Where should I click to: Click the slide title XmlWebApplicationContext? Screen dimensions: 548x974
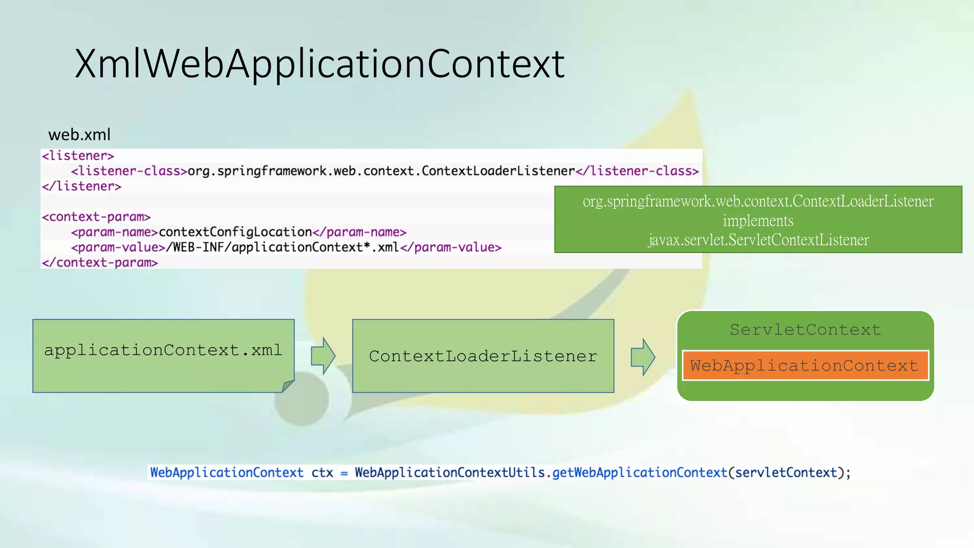[x=320, y=64]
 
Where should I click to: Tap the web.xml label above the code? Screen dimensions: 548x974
[x=79, y=135]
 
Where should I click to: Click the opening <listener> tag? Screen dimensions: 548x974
[x=78, y=156]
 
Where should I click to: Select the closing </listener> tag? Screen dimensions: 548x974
[x=82, y=186]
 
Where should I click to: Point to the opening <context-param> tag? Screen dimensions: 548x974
[x=96, y=217]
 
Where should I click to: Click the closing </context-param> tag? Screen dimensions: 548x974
[x=100, y=263]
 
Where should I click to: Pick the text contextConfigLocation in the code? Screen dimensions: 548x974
[x=235, y=232]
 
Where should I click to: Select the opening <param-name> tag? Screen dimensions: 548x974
[x=115, y=232]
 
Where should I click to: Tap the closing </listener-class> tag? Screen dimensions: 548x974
[x=637, y=171]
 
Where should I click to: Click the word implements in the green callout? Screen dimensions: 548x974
[x=758, y=221]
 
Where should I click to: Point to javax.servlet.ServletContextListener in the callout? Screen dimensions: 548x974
[x=758, y=240]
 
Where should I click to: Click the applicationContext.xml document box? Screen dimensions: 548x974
[x=163, y=355]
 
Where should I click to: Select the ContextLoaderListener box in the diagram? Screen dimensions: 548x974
[x=483, y=356]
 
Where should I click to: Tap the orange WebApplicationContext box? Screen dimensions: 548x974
[x=805, y=365]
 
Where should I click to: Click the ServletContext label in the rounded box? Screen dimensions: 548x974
[x=806, y=330]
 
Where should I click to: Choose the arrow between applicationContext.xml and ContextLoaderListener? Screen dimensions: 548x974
[x=323, y=356]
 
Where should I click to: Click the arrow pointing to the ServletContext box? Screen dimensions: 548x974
[x=643, y=357]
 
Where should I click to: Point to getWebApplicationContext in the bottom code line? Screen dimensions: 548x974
[x=640, y=472]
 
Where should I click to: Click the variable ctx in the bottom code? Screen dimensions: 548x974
[x=322, y=472]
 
